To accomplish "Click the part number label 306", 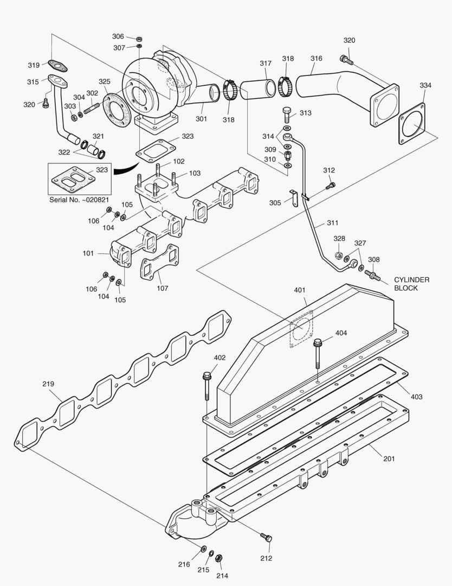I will [118, 36].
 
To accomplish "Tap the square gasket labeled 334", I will [415, 126].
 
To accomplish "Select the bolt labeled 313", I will [287, 114].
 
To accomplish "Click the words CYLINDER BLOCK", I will [412, 284].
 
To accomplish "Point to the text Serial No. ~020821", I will [80, 199].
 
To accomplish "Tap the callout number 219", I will [48, 384].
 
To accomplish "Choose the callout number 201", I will [389, 458].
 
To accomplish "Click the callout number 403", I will [416, 397].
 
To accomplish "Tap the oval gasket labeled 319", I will [56, 66].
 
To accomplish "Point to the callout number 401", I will [300, 290].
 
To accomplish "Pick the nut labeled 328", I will [337, 256].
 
